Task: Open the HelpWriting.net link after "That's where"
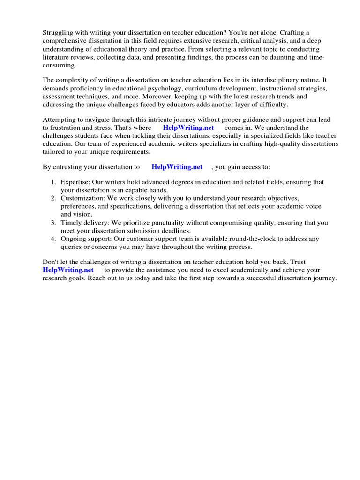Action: click(x=188, y=127)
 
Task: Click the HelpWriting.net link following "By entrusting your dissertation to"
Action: click(x=177, y=167)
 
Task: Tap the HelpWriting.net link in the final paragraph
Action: click(x=68, y=270)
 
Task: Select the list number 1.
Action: click(x=53, y=182)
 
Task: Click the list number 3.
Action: click(x=53, y=223)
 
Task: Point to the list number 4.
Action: click(x=53, y=239)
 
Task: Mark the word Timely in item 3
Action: click(x=71, y=223)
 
